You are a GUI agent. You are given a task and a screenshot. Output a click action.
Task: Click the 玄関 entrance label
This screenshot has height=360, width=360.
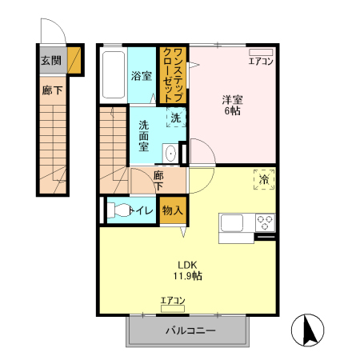51,61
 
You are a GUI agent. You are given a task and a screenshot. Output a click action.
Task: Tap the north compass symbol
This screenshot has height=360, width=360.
307,330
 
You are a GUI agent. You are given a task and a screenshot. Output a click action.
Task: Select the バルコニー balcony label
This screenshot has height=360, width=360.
190,330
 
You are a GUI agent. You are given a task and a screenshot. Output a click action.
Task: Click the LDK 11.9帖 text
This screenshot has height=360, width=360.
187,270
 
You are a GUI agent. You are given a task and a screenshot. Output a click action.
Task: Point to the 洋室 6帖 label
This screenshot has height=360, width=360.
232,105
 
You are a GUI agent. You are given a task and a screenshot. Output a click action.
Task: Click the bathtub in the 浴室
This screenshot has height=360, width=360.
114,75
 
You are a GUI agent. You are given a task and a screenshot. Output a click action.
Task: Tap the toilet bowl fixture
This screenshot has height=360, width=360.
118,210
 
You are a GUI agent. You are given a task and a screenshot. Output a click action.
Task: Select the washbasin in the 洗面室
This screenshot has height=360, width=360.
170,154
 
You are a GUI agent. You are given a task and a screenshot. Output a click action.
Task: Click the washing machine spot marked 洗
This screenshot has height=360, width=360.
176,118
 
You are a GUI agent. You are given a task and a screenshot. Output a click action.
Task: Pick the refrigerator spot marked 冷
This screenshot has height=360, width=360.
264,179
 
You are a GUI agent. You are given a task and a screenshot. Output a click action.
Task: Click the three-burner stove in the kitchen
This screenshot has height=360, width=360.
265,222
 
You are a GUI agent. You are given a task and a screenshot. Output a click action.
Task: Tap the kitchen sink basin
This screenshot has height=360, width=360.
231,223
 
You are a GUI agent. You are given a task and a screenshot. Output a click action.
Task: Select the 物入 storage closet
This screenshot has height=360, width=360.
173,210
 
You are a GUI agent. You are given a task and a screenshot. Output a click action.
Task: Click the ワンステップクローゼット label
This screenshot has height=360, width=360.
173,75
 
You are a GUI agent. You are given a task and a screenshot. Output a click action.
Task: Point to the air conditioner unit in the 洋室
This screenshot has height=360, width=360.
261,52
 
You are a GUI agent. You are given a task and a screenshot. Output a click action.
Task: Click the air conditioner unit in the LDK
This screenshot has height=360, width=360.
173,309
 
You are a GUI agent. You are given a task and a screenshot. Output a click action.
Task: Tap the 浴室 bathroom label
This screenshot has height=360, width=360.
142,76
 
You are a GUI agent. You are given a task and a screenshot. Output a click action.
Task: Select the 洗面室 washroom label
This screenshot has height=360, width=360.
144,136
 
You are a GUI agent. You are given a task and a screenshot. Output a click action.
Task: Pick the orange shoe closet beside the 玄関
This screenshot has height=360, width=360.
74,60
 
